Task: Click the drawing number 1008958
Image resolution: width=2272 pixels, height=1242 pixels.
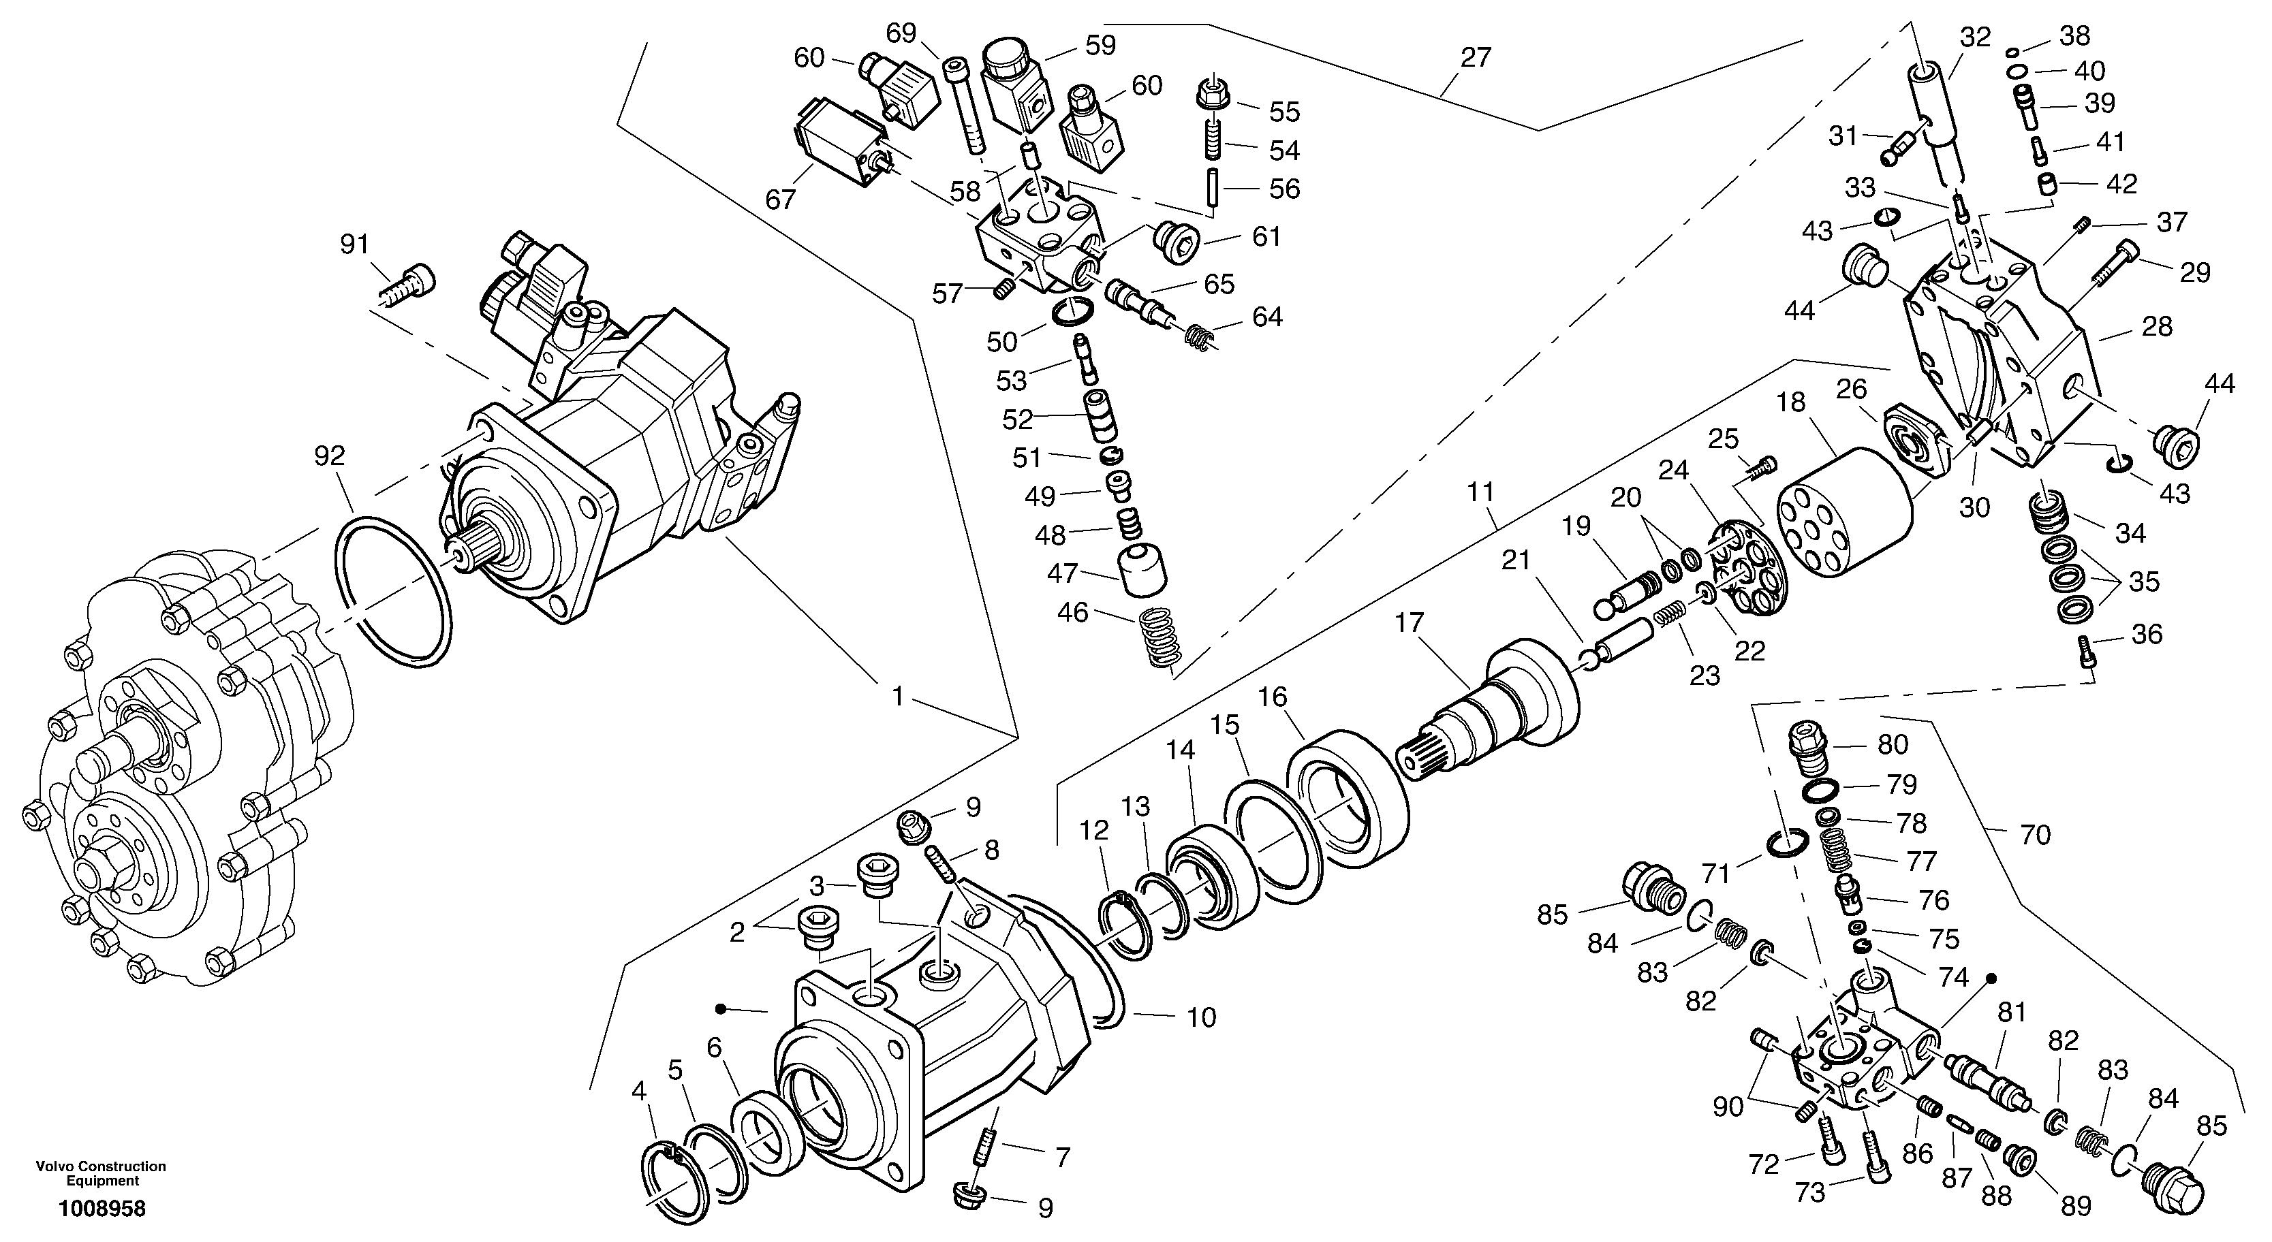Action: pyautogui.click(x=102, y=1209)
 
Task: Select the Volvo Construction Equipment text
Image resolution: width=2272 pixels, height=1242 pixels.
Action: pyautogui.click(x=101, y=1173)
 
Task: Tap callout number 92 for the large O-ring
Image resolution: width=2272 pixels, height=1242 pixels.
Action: pyautogui.click(x=329, y=456)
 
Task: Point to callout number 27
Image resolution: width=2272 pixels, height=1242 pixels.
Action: pyautogui.click(x=1475, y=58)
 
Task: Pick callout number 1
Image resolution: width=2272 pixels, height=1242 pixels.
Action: pyautogui.click(x=897, y=697)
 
